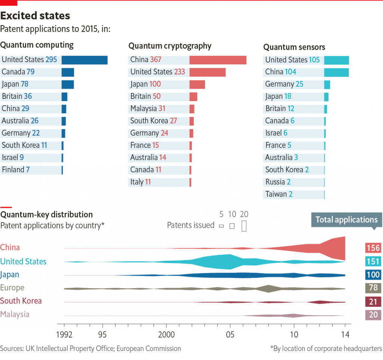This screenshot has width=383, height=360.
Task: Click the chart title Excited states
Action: click(x=35, y=16)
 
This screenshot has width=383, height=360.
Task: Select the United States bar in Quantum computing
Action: click(x=85, y=60)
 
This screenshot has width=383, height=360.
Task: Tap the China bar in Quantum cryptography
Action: click(x=218, y=60)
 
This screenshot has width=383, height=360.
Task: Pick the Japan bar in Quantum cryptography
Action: click(x=197, y=85)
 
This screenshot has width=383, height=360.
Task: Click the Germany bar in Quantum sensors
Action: click(x=327, y=84)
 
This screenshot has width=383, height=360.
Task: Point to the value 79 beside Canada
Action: click(x=31, y=72)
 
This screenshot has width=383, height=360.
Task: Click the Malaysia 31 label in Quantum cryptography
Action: click(x=148, y=109)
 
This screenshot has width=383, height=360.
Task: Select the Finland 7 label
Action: click(x=16, y=170)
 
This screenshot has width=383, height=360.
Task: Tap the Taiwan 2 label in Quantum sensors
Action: click(x=279, y=194)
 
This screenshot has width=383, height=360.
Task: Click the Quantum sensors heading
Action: click(x=294, y=47)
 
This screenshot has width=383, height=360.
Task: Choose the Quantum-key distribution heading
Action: click(x=47, y=214)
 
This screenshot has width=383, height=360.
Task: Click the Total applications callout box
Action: click(x=346, y=220)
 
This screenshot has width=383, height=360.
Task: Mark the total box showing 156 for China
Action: click(x=373, y=248)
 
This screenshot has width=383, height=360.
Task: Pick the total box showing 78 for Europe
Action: click(x=373, y=288)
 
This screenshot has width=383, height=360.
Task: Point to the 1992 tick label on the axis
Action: click(x=64, y=334)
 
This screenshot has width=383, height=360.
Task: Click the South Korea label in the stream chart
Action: click(x=21, y=301)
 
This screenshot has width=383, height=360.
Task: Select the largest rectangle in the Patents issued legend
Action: click(x=244, y=226)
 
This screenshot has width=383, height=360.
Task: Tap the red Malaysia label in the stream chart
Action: click(x=15, y=314)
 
